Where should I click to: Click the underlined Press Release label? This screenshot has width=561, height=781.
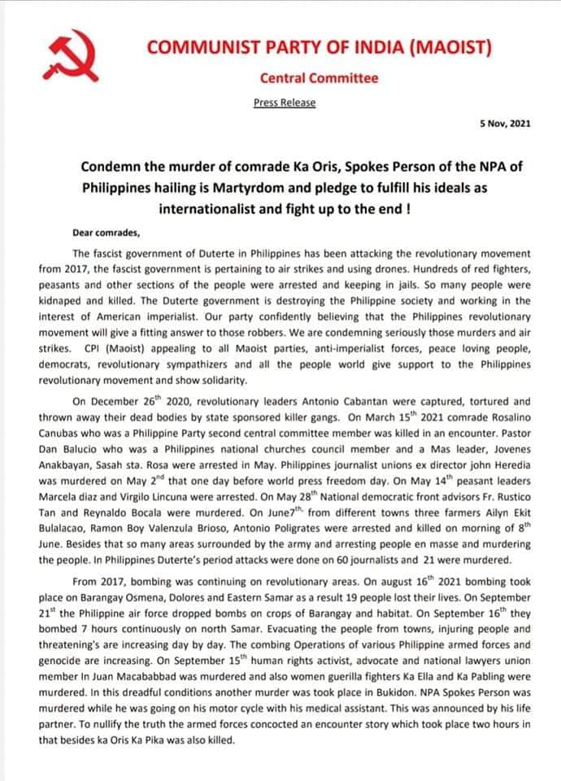[285, 103]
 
